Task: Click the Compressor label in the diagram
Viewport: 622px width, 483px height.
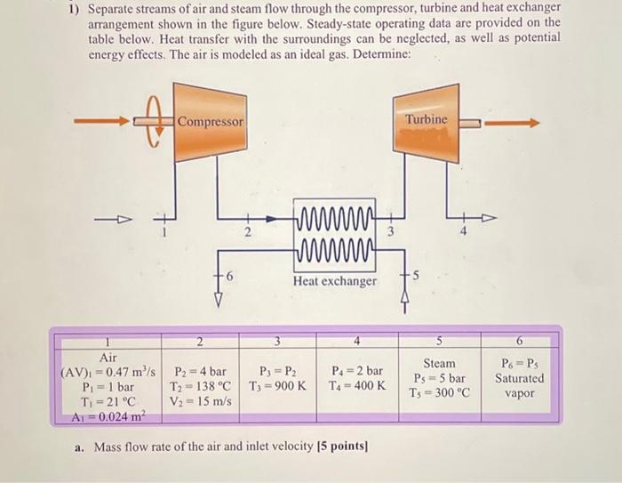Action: [210, 121]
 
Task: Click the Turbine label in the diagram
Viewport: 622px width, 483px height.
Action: [427, 118]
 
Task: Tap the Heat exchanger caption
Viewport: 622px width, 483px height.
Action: [334, 281]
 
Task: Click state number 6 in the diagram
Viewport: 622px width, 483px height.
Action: [229, 278]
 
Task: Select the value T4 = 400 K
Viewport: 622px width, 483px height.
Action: [358, 387]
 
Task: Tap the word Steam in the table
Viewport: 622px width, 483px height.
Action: [439, 363]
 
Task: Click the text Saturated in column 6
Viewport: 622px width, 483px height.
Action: [520, 378]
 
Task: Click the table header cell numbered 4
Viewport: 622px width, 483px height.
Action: [356, 341]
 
